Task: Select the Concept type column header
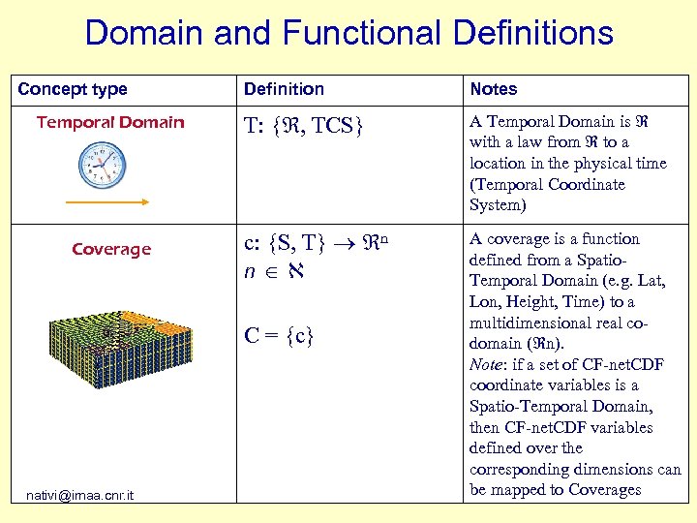73,89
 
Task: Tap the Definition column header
284,89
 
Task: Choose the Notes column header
494,89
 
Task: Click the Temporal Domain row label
110,122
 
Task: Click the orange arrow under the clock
106,201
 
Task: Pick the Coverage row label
111,250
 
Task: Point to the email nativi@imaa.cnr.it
80,496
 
